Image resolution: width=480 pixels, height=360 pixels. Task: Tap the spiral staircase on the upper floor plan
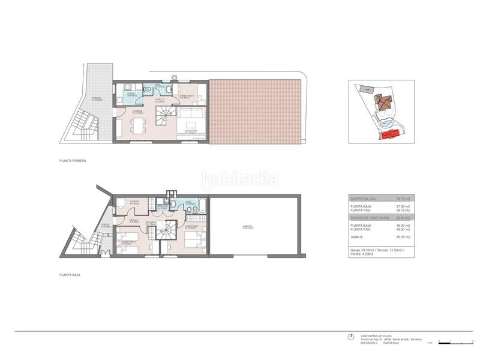point(164,116)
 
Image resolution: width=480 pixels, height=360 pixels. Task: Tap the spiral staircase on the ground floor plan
point(170,229)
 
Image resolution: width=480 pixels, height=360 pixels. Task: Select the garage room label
point(247,227)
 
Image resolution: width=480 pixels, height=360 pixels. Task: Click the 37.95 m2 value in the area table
point(403,206)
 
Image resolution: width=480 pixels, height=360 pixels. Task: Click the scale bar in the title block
point(448,341)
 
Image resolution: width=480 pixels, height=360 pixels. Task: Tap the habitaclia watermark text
point(240,178)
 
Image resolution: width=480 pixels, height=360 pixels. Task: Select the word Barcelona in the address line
point(416,339)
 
